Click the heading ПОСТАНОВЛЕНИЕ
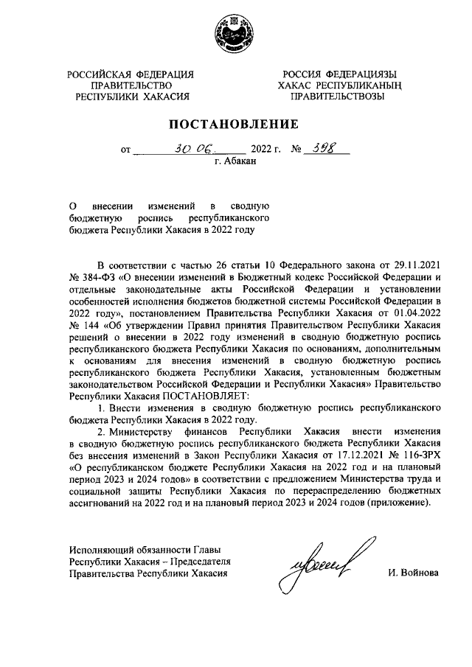(235, 124)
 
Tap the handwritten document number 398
(322, 147)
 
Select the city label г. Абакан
(235, 161)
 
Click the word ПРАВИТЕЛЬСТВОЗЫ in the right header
(337, 97)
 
